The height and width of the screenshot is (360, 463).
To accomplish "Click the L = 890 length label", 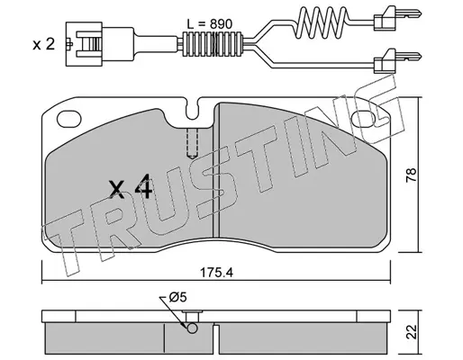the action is click(210, 23).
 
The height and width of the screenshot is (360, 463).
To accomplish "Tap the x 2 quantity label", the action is click(44, 45).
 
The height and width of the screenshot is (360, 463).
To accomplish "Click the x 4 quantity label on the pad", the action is click(131, 188).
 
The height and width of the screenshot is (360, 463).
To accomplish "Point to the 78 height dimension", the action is click(412, 175).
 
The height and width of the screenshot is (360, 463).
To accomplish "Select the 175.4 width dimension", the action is click(216, 273).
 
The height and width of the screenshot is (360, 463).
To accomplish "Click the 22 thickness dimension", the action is click(412, 332).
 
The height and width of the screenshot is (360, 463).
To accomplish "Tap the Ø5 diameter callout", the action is click(177, 297).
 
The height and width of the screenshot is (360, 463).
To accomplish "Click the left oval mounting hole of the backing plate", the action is click(69, 119).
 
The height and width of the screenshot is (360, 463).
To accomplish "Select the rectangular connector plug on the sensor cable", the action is click(84, 44).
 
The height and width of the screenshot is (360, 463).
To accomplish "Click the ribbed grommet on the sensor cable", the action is click(212, 44).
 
